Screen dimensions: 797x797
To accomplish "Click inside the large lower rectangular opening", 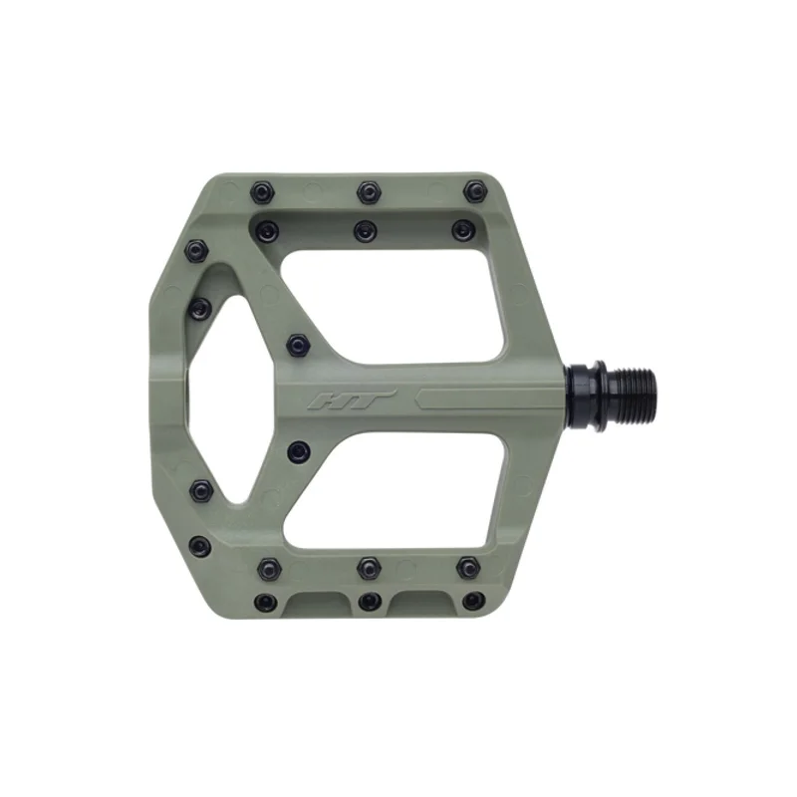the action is click(398, 491).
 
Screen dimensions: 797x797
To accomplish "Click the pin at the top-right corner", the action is click(475, 190).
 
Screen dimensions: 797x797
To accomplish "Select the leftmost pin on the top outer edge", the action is click(263, 192).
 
